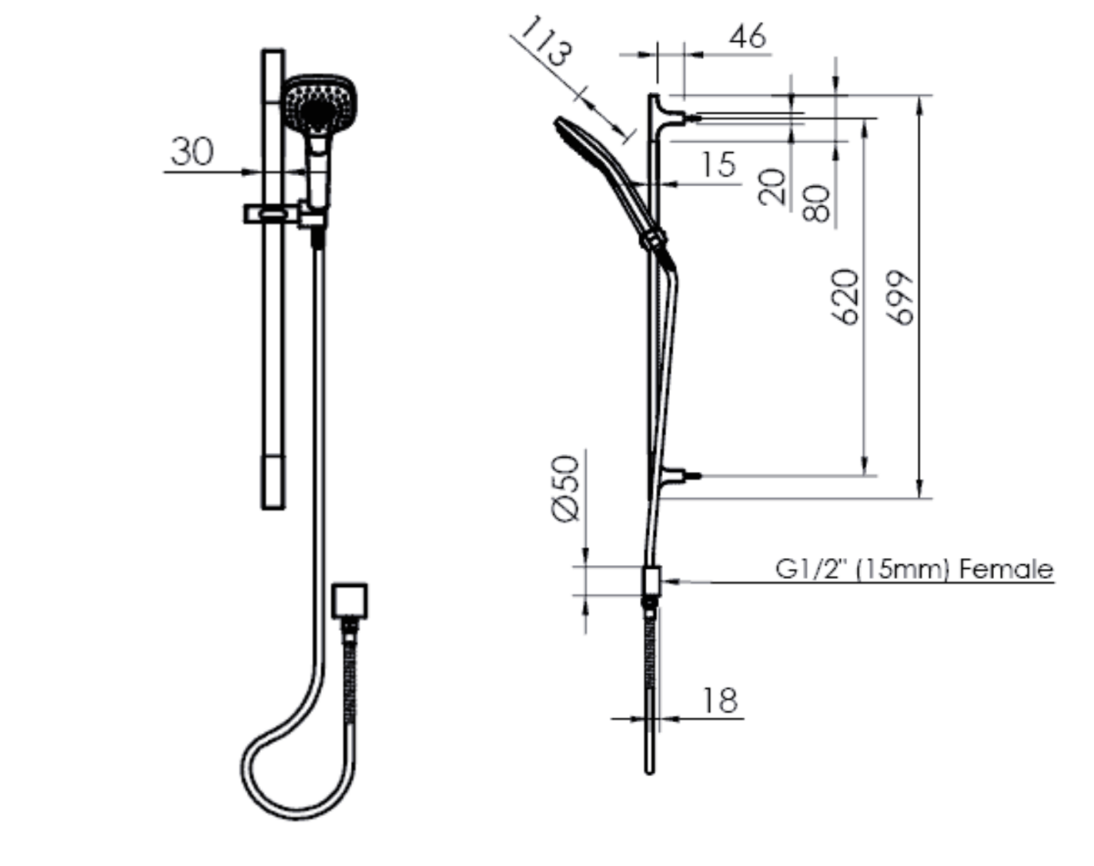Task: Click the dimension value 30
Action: point(192,151)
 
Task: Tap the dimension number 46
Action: point(747,36)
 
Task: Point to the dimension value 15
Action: point(718,164)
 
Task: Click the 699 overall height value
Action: point(901,297)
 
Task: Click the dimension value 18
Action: point(719,700)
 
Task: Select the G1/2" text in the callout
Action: point(812,571)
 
